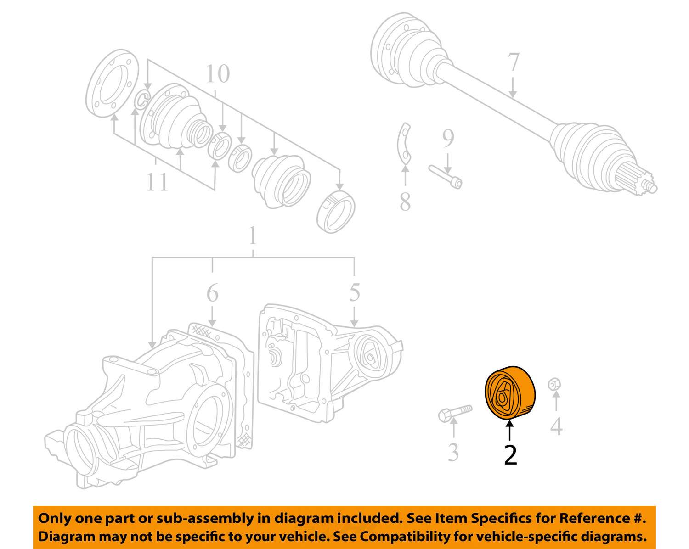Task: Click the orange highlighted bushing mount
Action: pos(510,393)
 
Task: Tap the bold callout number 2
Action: pos(510,454)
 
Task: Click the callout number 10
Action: pos(217,73)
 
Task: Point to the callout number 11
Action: pos(157,182)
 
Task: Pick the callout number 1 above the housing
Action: pos(253,236)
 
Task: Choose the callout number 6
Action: pos(212,293)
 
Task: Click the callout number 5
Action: pos(354,292)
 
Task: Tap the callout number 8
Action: pos(405,202)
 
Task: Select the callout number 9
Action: pos(448,138)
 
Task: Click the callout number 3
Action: pos(453,452)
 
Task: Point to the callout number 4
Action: pos(556,426)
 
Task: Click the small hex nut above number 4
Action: pos(555,384)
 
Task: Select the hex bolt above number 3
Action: pos(454,413)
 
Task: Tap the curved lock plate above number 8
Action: pos(404,144)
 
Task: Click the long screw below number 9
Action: pos(446,176)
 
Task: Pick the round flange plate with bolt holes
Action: pos(113,84)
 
